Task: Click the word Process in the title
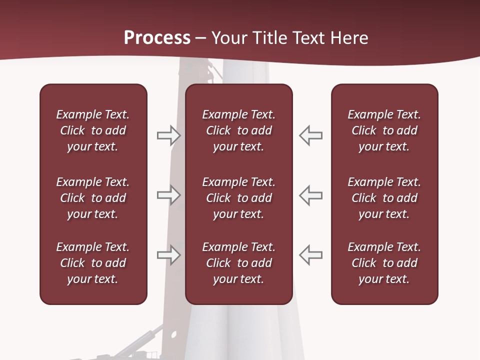pos(157,38)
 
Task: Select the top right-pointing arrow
pos(168,135)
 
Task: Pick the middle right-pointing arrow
pos(168,195)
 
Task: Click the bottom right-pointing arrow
pos(168,254)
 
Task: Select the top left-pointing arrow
pos(310,135)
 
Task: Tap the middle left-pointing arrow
pos(310,195)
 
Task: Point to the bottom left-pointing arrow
pos(310,254)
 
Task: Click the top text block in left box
pos(93,130)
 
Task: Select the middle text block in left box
pos(93,198)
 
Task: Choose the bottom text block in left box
pos(93,263)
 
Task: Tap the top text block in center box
pos(238,130)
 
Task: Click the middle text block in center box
pos(238,198)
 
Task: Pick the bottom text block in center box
pos(238,263)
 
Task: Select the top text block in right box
pos(384,130)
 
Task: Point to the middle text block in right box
pos(384,198)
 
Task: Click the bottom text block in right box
pos(384,263)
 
